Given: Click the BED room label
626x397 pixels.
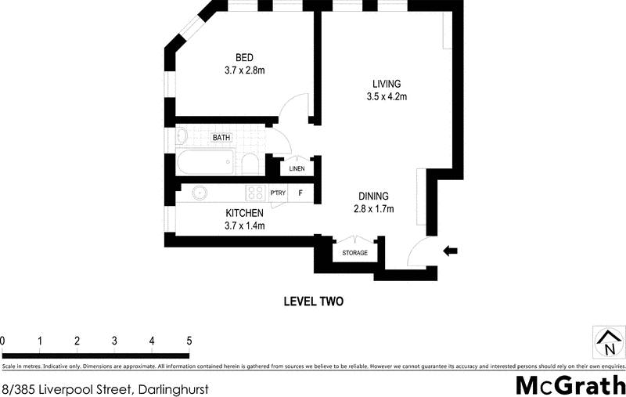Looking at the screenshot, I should coord(245,57).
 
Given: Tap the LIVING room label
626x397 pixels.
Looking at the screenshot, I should coord(387,84).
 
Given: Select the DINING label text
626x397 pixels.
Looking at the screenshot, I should coord(372,196).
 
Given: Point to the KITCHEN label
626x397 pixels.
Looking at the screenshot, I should coord(245,213).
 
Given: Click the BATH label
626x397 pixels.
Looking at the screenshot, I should coord(222,138).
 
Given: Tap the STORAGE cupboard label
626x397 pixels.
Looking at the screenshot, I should coord(354,253).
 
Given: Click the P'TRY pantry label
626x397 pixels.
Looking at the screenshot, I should coord(277,193).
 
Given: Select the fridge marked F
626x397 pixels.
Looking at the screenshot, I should coord(300,193).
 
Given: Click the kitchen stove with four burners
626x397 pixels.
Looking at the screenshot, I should coord(254,193).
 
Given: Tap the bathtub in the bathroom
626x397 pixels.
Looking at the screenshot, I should coord(206,164).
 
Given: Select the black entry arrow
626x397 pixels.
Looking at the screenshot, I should coord(451,251).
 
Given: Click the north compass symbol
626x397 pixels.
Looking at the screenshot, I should coord(609,341).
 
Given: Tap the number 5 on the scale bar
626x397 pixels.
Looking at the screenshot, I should coord(189,341).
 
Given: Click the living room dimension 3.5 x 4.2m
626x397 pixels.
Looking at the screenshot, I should coord(387,97).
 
